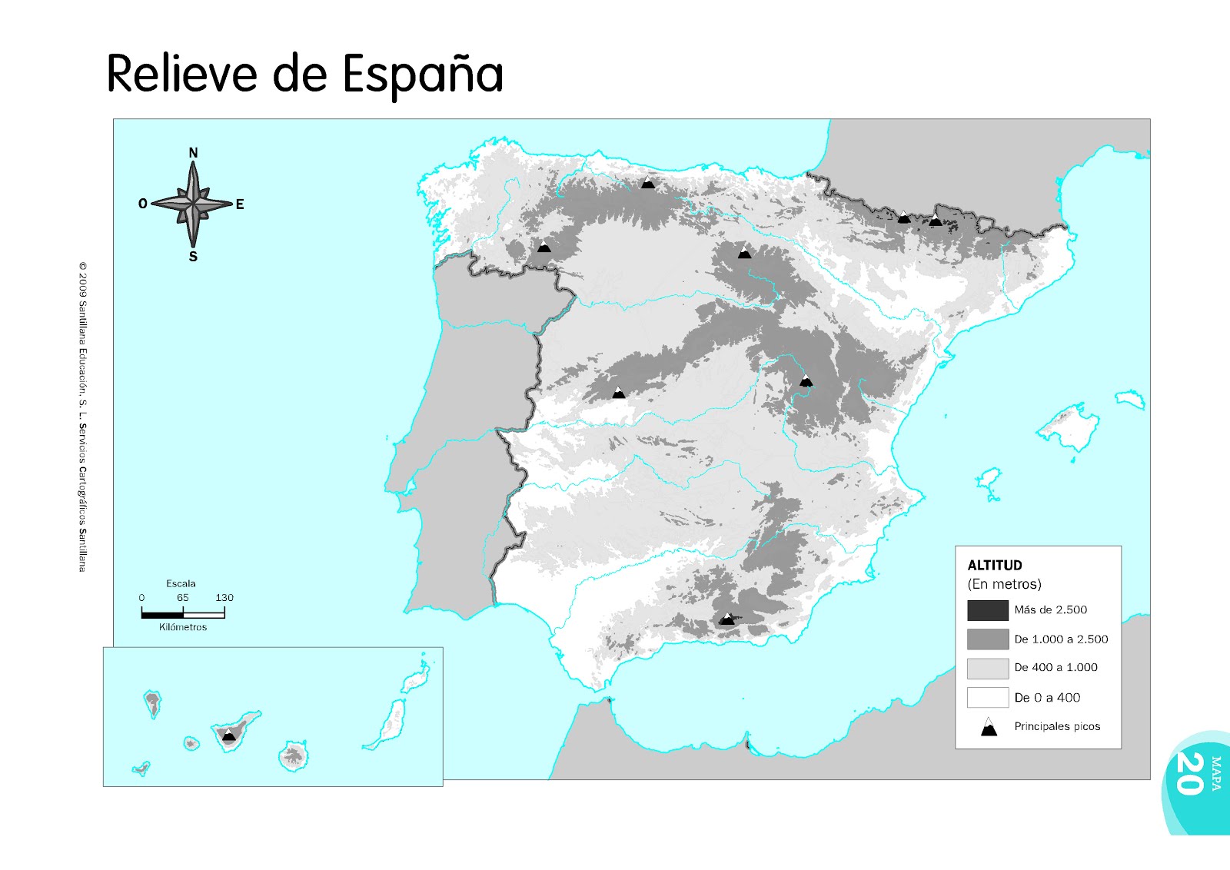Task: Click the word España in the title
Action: coord(422,75)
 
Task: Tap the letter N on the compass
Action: coord(193,153)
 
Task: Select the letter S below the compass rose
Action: coord(193,257)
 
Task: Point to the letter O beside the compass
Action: coord(142,204)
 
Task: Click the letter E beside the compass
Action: coord(240,204)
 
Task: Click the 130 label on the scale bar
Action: coord(224,597)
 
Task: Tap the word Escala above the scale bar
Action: coord(181,583)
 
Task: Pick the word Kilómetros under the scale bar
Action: coord(183,627)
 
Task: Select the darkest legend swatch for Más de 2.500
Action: coord(987,610)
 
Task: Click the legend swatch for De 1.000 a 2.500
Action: coord(987,639)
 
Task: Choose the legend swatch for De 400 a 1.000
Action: coord(987,668)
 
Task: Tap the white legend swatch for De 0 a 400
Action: coord(987,697)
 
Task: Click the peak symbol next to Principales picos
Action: coord(989,727)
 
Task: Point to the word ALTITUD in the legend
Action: coord(995,565)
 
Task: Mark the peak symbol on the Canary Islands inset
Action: coord(228,735)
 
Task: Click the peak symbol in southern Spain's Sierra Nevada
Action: coord(726,619)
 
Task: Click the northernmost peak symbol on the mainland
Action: coord(648,183)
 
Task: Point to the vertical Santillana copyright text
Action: coord(82,417)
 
